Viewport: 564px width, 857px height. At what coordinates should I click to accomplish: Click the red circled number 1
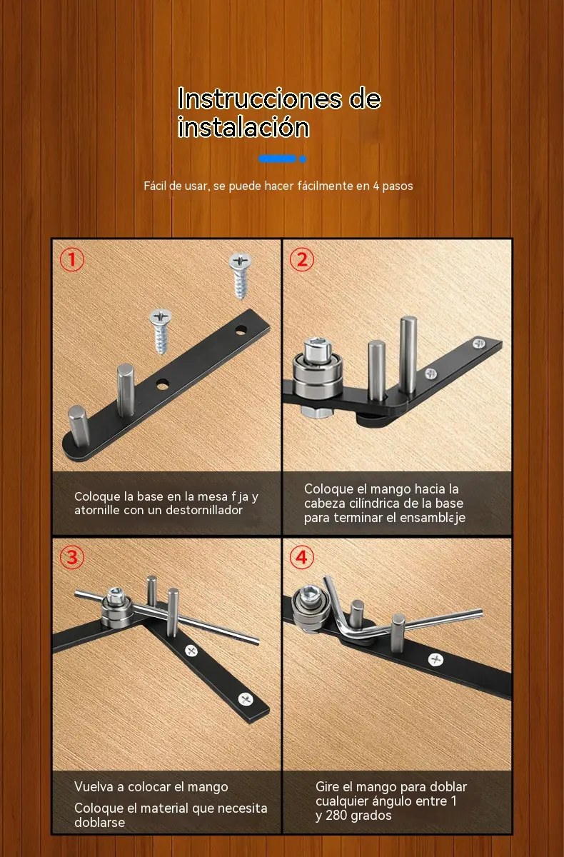click(72, 259)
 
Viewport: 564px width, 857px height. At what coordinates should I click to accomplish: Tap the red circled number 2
click(302, 259)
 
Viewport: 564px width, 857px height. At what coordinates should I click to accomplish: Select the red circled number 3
click(72, 557)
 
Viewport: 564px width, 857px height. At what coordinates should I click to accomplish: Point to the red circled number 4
click(302, 557)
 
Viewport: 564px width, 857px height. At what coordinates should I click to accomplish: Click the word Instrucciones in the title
click(260, 99)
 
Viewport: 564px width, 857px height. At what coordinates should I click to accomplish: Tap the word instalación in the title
click(243, 127)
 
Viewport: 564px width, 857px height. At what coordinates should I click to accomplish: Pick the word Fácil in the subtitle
click(155, 186)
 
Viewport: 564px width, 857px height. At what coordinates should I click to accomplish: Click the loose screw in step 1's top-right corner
click(240, 276)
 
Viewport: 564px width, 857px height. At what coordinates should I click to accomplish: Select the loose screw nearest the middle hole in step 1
click(161, 331)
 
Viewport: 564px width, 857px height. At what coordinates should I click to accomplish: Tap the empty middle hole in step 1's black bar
click(163, 384)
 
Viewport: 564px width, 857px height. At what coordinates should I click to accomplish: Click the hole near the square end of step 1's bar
click(241, 330)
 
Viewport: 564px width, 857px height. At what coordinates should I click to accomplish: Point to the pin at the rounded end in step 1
click(79, 426)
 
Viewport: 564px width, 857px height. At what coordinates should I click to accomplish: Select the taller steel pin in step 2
click(408, 355)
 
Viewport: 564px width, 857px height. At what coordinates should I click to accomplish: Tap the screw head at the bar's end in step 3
click(246, 699)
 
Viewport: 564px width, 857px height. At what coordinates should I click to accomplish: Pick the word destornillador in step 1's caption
click(204, 510)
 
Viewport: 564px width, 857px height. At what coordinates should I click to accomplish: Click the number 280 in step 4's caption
click(336, 816)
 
